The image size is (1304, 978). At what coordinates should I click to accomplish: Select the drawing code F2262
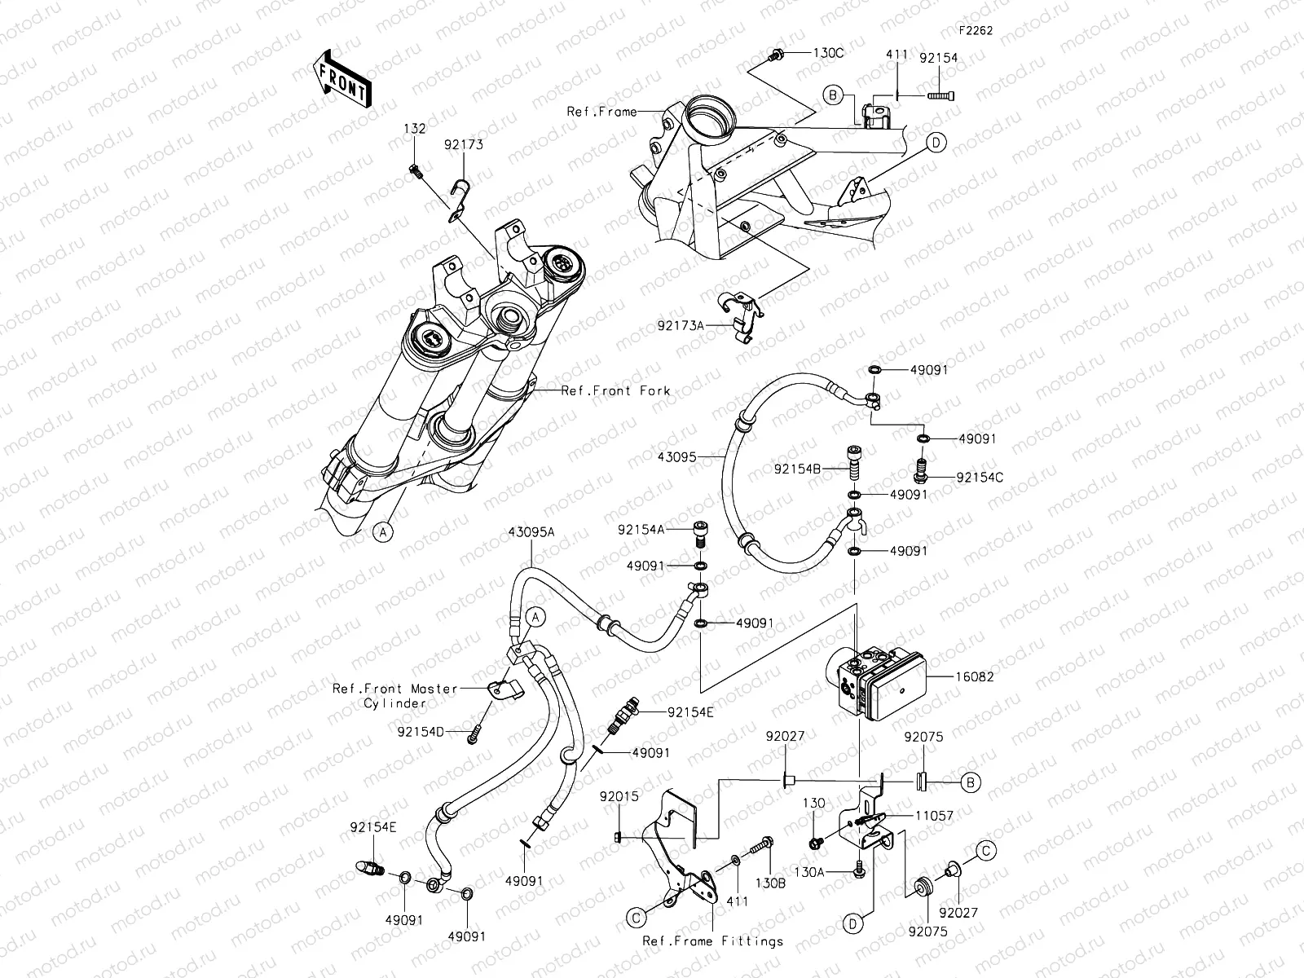(976, 30)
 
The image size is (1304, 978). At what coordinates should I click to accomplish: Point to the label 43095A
(531, 531)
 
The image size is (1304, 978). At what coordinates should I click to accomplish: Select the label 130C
(827, 53)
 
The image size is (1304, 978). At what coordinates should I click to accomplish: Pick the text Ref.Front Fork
(616, 390)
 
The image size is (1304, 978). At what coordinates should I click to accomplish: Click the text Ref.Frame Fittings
(713, 941)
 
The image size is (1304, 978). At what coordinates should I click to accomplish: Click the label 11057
(933, 814)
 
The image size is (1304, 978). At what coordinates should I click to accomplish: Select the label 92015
(619, 795)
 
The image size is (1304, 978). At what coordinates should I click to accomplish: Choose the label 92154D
(421, 731)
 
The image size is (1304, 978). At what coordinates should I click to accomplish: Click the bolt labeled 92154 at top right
(941, 96)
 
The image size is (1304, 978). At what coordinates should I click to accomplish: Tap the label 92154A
(641, 530)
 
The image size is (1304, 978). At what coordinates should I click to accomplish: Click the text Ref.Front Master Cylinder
(395, 695)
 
